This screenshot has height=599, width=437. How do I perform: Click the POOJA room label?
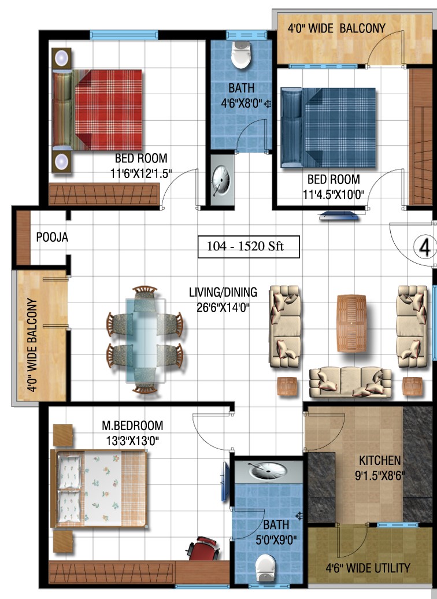[x=52, y=237]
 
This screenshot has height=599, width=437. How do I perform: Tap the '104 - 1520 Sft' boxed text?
[x=249, y=247]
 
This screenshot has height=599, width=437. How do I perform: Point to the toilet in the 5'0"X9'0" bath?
[x=265, y=569]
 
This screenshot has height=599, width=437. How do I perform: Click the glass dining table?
[x=146, y=341]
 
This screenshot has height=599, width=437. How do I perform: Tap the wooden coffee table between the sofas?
[x=351, y=323]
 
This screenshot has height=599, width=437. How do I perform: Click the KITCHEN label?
[x=380, y=460]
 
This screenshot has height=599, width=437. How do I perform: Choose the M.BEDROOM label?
[x=132, y=426]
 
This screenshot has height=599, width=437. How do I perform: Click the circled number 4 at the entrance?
[x=425, y=247]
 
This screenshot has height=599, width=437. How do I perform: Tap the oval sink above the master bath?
[x=268, y=471]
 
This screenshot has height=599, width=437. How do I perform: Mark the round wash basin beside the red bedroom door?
[x=221, y=180]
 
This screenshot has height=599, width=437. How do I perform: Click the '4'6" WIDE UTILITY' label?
[x=368, y=568]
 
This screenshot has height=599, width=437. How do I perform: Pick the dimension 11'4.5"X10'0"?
[x=334, y=194]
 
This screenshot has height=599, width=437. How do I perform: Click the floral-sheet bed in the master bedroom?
[x=99, y=489]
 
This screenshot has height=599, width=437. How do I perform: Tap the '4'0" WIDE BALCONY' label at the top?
[x=336, y=28]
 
